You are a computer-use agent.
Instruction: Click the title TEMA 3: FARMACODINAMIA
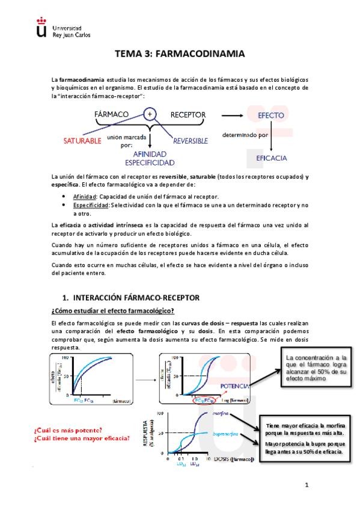point(179,54)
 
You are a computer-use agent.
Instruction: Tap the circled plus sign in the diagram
point(150,113)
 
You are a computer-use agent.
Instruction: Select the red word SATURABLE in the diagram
point(82,141)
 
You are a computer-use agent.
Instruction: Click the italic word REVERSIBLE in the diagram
point(191,141)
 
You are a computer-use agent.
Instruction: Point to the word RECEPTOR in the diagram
point(188,114)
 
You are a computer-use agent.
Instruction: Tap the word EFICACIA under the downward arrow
point(272,158)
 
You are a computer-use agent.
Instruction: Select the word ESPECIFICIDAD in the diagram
point(150,162)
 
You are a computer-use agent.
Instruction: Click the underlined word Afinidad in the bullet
point(85,197)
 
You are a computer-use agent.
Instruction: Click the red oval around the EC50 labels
point(203,399)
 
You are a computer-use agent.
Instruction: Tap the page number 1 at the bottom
point(306,485)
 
